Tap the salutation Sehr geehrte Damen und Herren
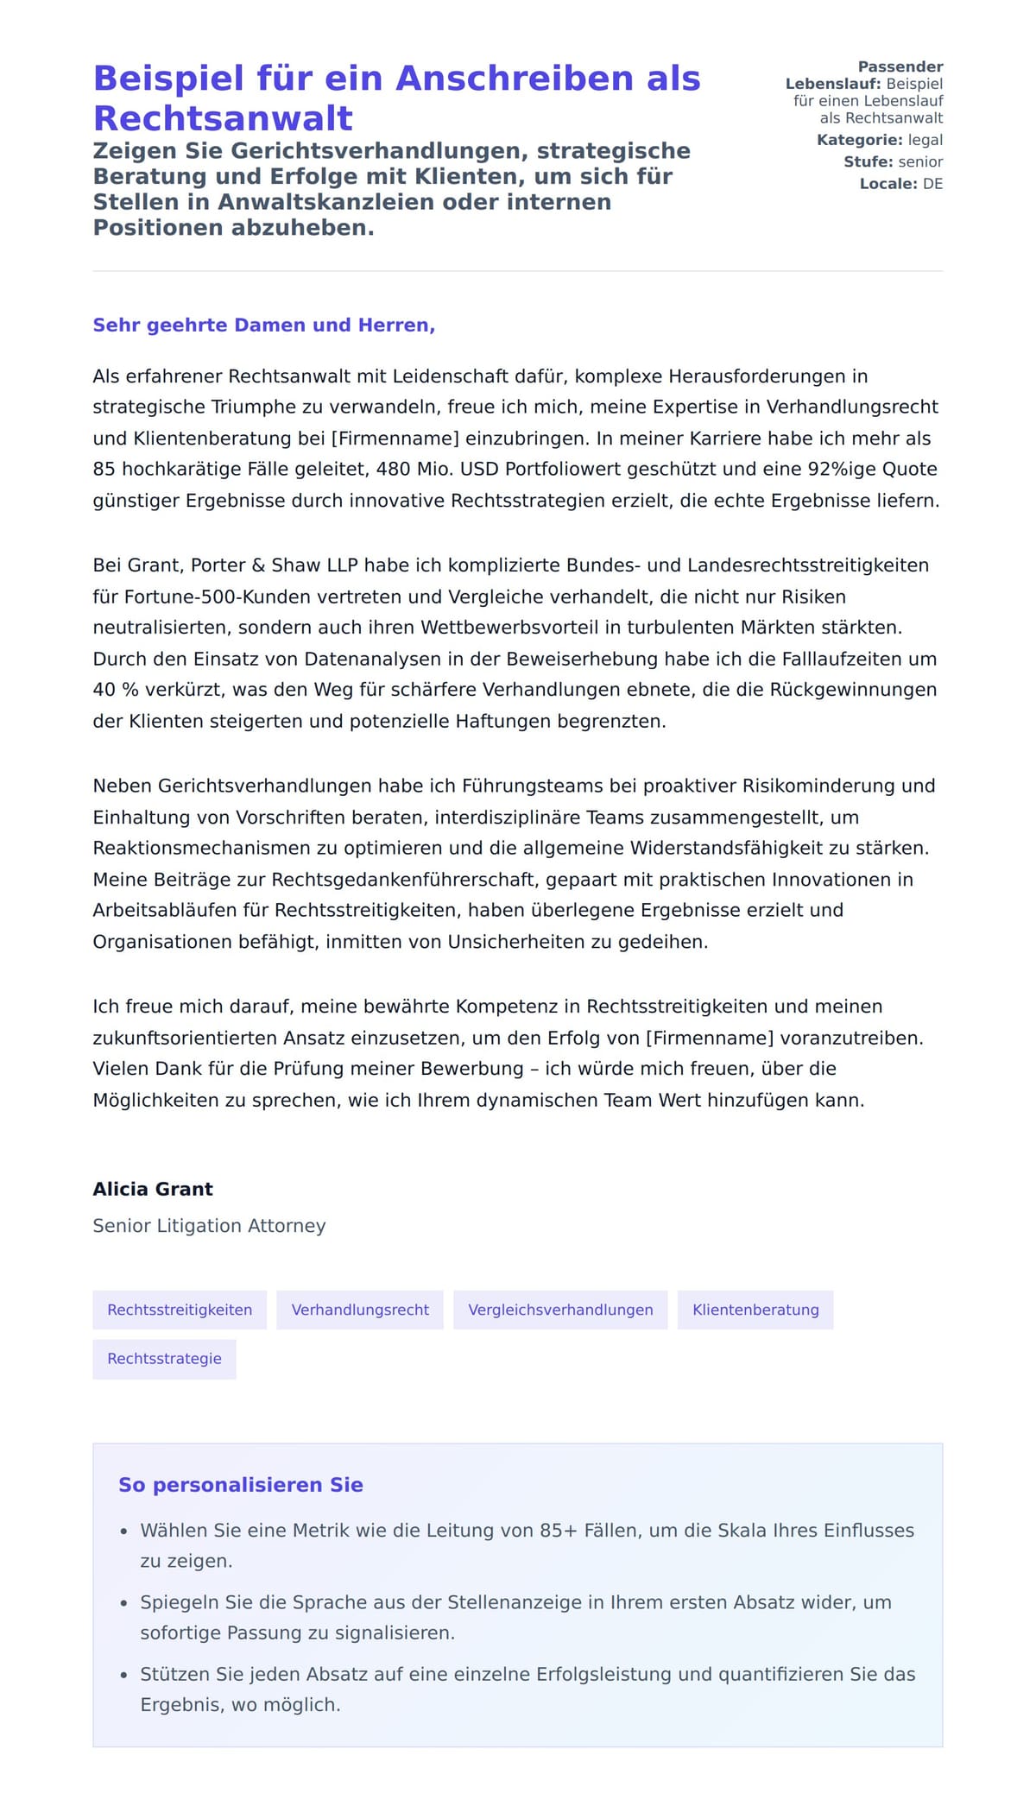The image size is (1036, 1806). point(263,325)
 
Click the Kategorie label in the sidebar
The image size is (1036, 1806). point(859,140)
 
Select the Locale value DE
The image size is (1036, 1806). point(932,184)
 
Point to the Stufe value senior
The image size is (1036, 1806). point(920,162)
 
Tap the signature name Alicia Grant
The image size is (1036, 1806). point(153,1189)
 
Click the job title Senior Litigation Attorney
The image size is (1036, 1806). point(209,1226)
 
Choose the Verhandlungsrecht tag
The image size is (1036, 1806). point(360,1310)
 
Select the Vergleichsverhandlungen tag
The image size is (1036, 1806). point(560,1310)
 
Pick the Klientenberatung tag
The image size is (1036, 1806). point(755,1310)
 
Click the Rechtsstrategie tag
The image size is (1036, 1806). point(164,1359)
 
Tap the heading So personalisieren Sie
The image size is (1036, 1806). point(241,1485)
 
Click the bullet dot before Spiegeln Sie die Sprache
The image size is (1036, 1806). point(124,1604)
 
